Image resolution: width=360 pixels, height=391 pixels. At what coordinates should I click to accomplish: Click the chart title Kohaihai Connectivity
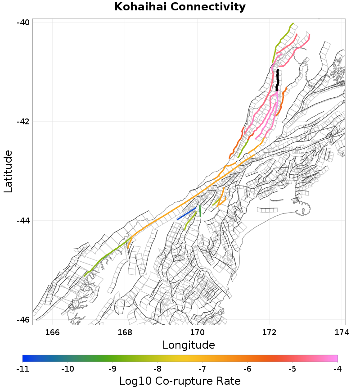tap(180, 7)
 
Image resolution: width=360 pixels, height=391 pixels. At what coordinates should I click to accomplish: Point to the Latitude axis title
tap(8, 172)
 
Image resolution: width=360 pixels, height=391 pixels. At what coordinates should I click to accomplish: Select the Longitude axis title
tap(188, 346)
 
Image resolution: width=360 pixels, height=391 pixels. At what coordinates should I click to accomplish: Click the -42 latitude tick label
tap(23, 122)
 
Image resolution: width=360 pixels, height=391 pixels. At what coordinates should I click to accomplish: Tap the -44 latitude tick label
tap(23, 221)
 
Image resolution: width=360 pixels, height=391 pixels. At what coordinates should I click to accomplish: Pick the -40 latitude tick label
tap(23, 23)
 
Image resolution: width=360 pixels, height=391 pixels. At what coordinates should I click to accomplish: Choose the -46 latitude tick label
tap(23, 320)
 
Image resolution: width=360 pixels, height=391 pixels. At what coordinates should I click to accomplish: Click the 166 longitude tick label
tap(53, 333)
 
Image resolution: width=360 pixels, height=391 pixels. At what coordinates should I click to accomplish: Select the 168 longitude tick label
tap(125, 333)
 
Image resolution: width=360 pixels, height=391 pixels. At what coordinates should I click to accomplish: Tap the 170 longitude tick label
tap(197, 333)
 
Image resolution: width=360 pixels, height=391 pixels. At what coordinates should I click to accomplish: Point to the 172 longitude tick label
tap(269, 333)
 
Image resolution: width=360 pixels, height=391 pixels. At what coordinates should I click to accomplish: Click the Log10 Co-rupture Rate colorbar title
tap(180, 381)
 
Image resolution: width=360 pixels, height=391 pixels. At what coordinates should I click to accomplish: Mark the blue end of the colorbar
tap(25, 359)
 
